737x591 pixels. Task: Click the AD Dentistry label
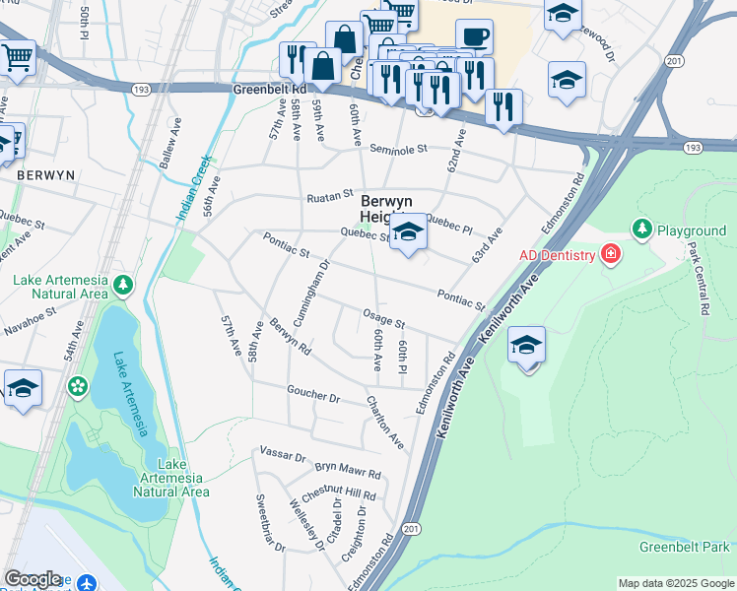(x=558, y=255)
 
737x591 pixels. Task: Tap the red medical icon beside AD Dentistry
(x=611, y=255)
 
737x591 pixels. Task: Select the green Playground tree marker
(x=641, y=230)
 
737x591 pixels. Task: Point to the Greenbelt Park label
(x=684, y=547)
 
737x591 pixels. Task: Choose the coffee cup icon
(x=474, y=36)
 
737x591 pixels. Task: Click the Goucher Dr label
(x=313, y=395)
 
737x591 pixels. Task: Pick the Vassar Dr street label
(x=284, y=456)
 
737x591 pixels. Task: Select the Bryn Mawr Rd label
(x=348, y=471)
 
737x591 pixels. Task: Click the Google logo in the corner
(x=33, y=579)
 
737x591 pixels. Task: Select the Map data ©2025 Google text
(x=676, y=583)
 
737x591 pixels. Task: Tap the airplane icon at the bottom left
(x=87, y=582)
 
